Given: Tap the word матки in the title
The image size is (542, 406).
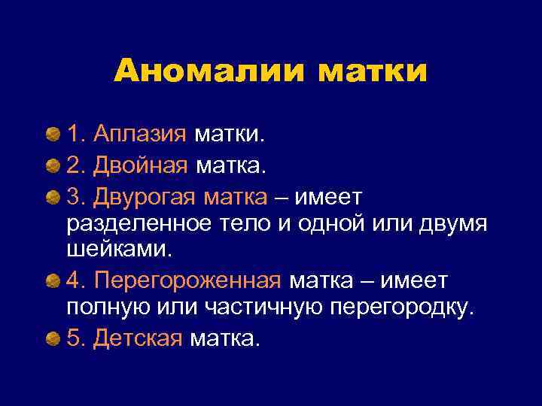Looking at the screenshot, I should pyautogui.click(x=372, y=72).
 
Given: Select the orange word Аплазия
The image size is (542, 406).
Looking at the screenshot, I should pyautogui.click(x=140, y=135).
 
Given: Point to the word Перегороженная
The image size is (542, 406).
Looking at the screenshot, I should pyautogui.click(x=187, y=280).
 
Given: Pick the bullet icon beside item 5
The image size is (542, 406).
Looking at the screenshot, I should pyautogui.click(x=53, y=338).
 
